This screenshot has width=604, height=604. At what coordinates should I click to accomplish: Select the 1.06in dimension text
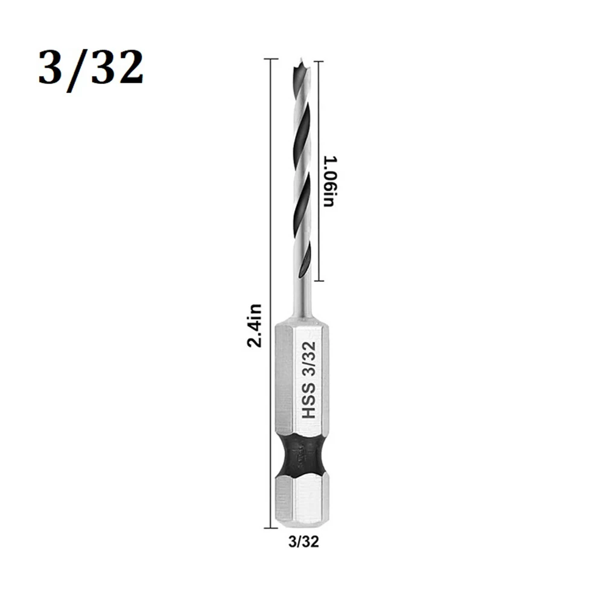329,181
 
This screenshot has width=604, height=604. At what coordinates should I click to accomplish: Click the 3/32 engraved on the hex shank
308,360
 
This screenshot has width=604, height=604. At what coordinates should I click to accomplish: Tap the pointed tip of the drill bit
300,60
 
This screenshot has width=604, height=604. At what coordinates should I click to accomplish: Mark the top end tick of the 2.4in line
270,59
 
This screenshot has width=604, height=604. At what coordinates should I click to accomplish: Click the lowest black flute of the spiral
305,259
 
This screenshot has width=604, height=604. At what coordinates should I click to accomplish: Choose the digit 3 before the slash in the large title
53,68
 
